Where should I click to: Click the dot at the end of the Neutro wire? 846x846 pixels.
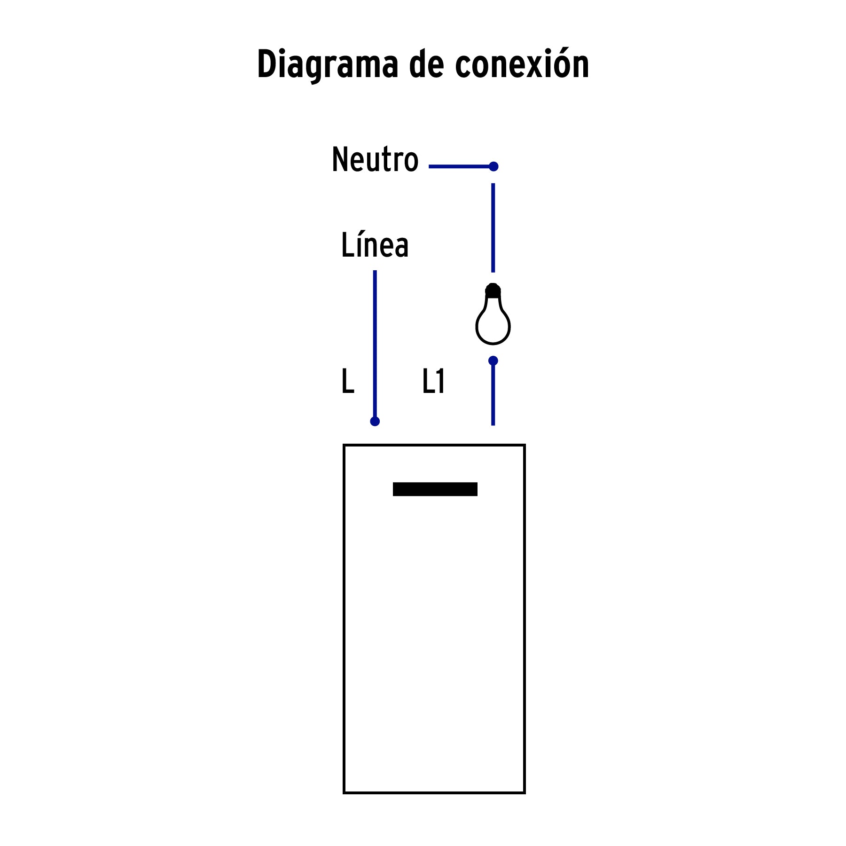coord(493,166)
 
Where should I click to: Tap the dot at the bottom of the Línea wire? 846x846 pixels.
coord(375,421)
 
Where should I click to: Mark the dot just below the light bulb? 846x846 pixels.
coord(493,360)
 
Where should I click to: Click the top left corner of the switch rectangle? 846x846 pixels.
coord(344,445)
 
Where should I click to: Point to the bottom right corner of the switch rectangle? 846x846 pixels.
coord(525,793)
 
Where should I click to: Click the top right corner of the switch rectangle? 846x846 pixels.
coord(525,445)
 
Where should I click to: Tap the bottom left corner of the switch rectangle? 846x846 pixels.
coord(344,793)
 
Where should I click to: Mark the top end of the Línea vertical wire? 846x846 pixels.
coord(375,271)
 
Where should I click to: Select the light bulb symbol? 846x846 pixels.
coord(493,314)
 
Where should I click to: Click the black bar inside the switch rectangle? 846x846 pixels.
coord(435,489)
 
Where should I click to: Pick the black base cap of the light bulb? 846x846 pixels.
coord(493,290)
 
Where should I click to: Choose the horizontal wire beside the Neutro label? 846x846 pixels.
coord(461,166)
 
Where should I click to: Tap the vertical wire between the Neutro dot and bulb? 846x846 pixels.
coord(493,227)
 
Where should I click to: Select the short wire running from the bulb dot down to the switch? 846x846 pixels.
coord(493,393)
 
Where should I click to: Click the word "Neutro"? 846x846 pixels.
coord(375,159)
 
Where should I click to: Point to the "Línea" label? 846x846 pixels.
coord(375,244)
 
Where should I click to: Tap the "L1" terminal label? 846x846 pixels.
coord(433,381)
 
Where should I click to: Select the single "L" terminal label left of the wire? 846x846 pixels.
coord(348,381)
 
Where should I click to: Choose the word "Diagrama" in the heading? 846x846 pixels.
coord(328,65)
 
